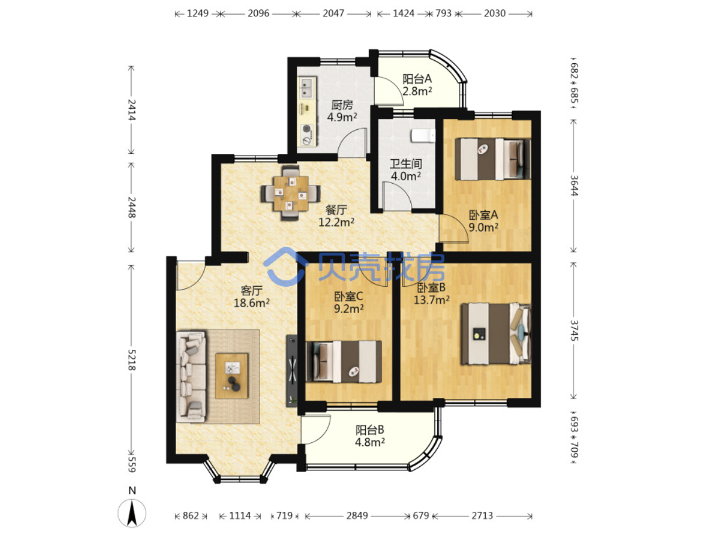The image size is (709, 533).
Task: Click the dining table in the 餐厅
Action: pos(290,193)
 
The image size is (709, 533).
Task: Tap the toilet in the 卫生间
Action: pos(423,135)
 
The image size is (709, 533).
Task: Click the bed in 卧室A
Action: pos(492,159)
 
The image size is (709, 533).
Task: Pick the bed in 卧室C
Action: pos(344,361)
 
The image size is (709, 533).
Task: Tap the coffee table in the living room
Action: pos(231,376)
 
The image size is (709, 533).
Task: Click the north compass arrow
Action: pos(132,513)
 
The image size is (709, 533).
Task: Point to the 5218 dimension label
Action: pos(132,359)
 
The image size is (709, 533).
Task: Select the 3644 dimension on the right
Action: pos(573,185)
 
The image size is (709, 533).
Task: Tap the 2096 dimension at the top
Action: pos(258,13)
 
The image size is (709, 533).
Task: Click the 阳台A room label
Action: pos(417,78)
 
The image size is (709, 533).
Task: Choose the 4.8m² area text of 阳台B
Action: pos(370,442)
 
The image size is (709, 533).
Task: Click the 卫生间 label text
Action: pos(406,164)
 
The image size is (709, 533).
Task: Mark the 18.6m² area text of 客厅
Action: pos(251,303)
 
